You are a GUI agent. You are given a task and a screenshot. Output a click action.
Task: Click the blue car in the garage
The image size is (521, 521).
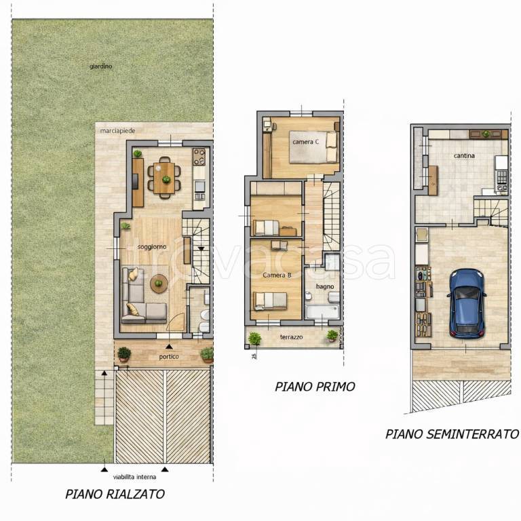pos(467,304)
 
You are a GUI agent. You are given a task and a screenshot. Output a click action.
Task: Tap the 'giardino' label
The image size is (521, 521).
pos(100,66)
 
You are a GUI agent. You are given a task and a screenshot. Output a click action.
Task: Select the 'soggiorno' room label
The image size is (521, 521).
pos(152,247)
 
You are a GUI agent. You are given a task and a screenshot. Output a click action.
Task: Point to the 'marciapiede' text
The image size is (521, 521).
pos(117,131)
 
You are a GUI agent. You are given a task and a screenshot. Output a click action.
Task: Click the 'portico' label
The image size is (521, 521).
pos(169,357)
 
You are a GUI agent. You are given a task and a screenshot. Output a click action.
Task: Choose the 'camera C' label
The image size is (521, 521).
pos(306,142)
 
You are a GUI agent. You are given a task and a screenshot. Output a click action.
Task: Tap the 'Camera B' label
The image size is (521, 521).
pos(277,275)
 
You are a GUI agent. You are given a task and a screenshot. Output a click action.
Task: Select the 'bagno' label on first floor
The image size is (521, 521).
pos(325,286)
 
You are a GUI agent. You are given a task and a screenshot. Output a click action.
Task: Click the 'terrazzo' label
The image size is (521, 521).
pos(292,337)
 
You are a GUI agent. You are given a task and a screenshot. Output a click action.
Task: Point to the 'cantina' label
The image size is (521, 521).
pos(464,155)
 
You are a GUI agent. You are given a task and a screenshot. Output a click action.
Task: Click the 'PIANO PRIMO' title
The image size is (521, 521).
pos(315,387)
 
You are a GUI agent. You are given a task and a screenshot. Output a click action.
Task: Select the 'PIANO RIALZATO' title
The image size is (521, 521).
pos(115,494)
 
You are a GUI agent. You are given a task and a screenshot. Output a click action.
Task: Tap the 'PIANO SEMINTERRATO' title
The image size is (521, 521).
pos(452,434)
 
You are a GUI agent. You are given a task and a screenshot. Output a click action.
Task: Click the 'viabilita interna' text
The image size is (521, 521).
pos(134,477)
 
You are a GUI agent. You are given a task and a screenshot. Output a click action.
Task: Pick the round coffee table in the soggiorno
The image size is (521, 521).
pos(159,284)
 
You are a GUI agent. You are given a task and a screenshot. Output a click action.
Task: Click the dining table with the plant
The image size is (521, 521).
pos(164,178)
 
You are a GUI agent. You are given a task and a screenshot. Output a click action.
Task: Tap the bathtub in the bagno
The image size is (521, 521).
pos(322,312)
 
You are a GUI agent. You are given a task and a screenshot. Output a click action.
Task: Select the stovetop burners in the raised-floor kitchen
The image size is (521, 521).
pos(199,157)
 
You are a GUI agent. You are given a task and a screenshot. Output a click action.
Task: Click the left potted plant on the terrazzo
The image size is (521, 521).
pos(254,339)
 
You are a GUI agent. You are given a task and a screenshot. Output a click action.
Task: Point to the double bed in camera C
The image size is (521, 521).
pos(314,147)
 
